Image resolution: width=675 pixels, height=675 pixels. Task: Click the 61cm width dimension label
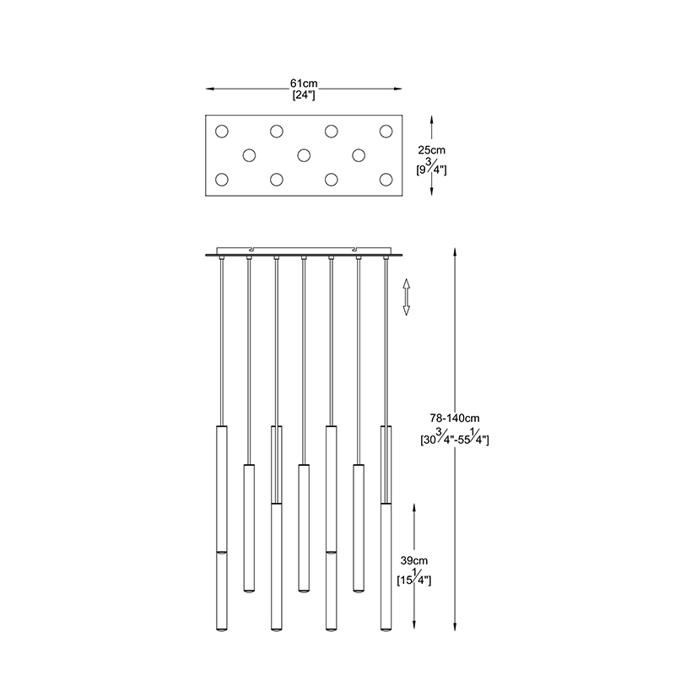click(x=304, y=84)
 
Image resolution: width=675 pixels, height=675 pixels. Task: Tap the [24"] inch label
click(x=304, y=95)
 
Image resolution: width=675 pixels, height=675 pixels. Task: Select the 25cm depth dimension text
click(x=432, y=150)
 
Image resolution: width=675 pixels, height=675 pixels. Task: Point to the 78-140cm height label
click(x=455, y=418)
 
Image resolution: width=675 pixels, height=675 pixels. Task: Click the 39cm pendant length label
click(x=414, y=561)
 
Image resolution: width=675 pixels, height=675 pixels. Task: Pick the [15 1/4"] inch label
click(x=414, y=578)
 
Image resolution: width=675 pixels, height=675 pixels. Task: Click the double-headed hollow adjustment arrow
click(x=406, y=297)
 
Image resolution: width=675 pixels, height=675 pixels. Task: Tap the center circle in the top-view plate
click(x=304, y=155)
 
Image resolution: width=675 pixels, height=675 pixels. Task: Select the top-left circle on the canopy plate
click(x=222, y=132)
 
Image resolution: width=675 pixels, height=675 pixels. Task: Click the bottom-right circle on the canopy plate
click(x=386, y=180)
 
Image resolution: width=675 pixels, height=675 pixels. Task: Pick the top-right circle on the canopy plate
click(x=386, y=132)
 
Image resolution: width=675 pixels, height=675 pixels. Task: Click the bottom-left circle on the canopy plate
click(x=222, y=180)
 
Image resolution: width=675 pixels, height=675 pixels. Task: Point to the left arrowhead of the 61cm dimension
click(x=209, y=89)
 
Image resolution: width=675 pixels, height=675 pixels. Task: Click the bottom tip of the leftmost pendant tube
click(x=222, y=631)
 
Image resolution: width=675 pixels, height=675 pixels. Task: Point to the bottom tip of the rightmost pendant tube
click(x=386, y=631)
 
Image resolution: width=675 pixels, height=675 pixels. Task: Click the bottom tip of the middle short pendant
click(x=304, y=591)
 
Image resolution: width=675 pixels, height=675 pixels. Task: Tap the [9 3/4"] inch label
click(x=432, y=167)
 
